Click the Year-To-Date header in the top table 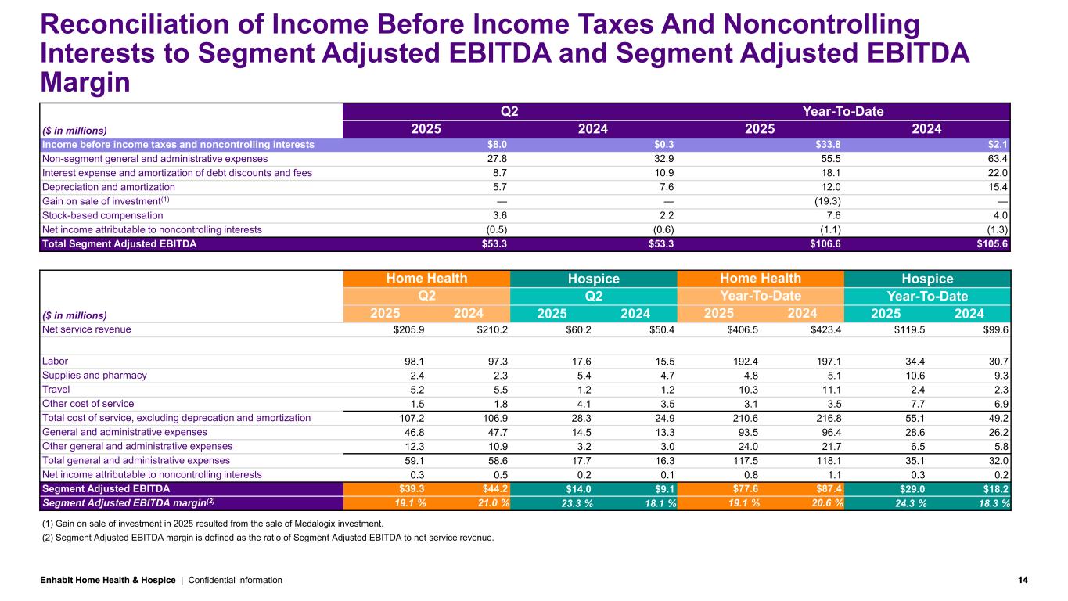(x=843, y=111)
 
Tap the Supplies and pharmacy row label (x=95, y=375)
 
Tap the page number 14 (x=1023, y=580)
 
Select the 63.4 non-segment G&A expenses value (x=997, y=158)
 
